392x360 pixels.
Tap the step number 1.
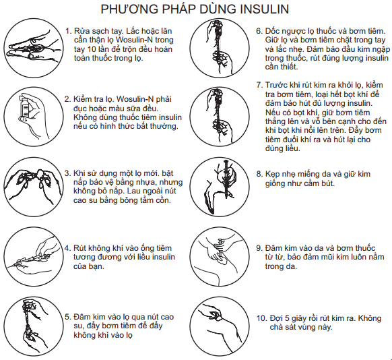pyautogui.click(x=68, y=31)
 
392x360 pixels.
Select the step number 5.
pyautogui.click(x=67, y=317)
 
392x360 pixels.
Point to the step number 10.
pyautogui.click(x=261, y=318)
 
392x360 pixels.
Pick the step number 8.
pyautogui.click(x=259, y=174)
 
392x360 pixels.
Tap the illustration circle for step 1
pyautogui.click(x=34, y=48)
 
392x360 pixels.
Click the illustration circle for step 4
pyautogui.click(x=34, y=257)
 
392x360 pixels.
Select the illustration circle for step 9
pyautogui.click(x=220, y=257)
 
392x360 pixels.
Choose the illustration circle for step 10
pyautogui.click(x=220, y=326)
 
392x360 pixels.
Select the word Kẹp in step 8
pyautogui.click(x=273, y=175)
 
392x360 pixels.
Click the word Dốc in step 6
pyautogui.click(x=272, y=31)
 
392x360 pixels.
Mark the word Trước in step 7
pyautogui.click(x=277, y=85)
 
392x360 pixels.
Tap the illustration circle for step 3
pyautogui.click(x=34, y=187)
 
